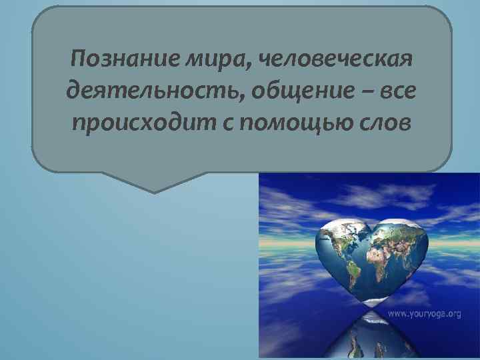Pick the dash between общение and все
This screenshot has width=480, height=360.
click(x=365, y=92)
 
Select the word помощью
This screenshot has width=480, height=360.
click(x=297, y=124)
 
